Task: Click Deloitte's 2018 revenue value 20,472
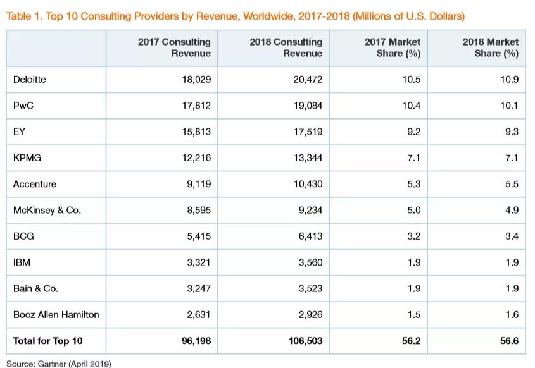308,80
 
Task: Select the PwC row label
23,106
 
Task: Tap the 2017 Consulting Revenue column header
174,47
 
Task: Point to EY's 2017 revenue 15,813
196,132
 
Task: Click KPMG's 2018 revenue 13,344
308,158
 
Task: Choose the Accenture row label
35,184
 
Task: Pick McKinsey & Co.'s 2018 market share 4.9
512,210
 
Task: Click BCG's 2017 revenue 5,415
199,236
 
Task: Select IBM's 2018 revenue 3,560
310,262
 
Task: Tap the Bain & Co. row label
36,288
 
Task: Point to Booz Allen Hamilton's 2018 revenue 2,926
310,314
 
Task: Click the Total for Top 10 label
47,341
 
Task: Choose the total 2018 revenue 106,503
305,341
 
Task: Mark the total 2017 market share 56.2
411,341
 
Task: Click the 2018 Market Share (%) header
491,47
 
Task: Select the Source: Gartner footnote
59,364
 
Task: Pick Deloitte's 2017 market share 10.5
411,80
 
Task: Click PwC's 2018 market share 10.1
509,106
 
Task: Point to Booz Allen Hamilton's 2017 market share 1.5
414,314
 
